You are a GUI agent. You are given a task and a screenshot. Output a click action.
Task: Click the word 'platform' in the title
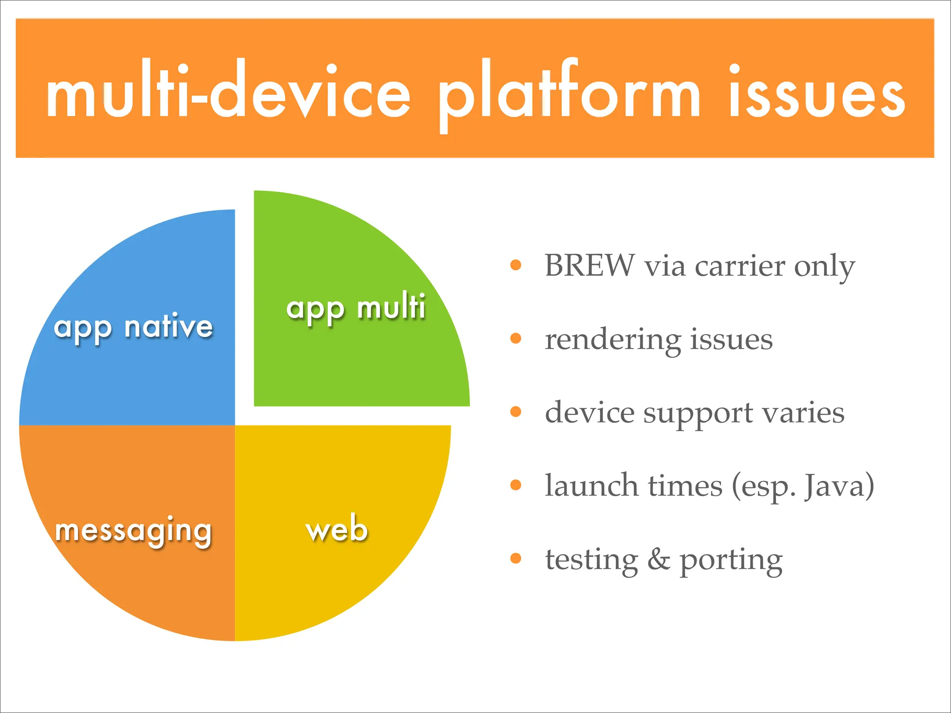(569, 93)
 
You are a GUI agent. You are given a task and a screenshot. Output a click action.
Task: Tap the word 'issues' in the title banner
(816, 93)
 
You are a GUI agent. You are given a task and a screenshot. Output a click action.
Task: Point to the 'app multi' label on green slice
(356, 307)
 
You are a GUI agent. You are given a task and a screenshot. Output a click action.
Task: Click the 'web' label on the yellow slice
(337, 529)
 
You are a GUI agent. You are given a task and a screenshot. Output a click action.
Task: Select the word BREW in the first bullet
(589, 266)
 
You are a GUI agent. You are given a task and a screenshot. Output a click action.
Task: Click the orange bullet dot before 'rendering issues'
(516, 338)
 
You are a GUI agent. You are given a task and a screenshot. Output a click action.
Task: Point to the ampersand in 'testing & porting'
(658, 559)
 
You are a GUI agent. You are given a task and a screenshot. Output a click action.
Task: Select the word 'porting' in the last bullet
(731, 561)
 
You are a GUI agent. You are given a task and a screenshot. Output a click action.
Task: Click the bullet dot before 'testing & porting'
(516, 558)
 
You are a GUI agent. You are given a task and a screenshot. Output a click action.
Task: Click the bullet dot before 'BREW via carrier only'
(516, 265)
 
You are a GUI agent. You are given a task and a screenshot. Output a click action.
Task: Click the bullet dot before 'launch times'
(516, 485)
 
